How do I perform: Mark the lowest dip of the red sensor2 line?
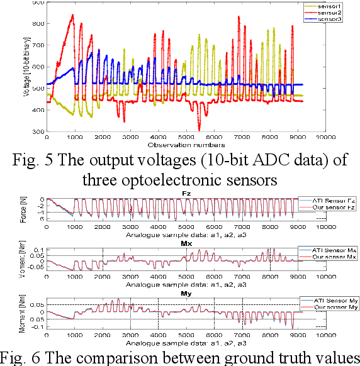click(x=200, y=129)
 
